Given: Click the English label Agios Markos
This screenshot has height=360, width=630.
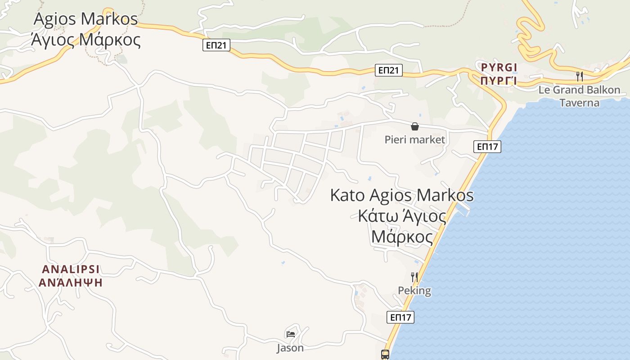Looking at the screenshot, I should coord(85,19).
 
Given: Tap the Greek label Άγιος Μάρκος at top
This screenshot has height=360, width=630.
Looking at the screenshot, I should coord(85,40).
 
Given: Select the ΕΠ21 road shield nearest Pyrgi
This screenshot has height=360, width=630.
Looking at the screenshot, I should coord(388,70).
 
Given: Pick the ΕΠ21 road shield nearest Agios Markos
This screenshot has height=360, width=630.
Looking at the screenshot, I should coord(216,45).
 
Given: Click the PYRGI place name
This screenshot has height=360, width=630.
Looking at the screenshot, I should coord(499,67).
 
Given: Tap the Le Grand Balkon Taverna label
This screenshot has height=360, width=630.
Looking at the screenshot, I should coord(579,96).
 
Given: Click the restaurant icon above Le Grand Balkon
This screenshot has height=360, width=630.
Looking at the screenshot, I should coord(580,76).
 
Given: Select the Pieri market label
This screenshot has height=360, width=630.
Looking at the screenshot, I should coord(414,139).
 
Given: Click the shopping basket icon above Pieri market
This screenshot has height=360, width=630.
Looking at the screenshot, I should coord(414,126).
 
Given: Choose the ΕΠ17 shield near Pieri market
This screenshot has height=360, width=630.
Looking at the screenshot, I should coord(487,146).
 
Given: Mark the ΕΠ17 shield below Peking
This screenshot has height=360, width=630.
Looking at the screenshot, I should coord(400,317).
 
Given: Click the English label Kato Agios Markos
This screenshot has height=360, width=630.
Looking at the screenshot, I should coord(402,195).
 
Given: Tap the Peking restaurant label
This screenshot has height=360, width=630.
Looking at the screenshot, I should coord(414,291).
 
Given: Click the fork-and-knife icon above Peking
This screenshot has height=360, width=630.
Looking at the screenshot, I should coord(414,277).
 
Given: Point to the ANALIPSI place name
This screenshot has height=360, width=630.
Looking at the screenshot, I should coord(71,269).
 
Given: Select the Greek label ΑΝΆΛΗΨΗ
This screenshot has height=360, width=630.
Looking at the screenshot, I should coord(71,283).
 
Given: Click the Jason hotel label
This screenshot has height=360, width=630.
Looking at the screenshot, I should coord(290,348).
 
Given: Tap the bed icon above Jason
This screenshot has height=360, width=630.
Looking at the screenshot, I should coord(291,334).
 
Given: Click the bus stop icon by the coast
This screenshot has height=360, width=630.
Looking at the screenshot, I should coord(385,354).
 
